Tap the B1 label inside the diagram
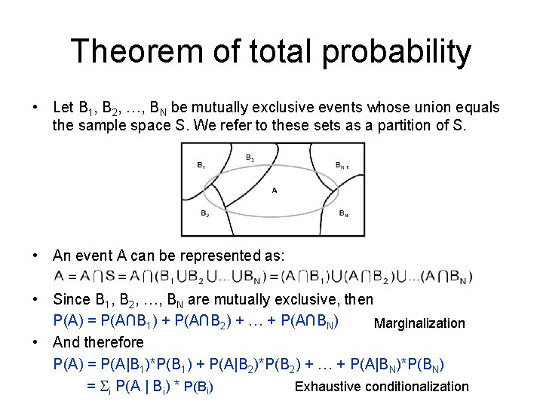point(200,164)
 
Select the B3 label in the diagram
point(250,158)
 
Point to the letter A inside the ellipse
point(274,190)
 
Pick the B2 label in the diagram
point(205,214)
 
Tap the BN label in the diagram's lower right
point(343,214)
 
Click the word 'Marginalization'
point(420,323)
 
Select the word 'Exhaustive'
point(329,387)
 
